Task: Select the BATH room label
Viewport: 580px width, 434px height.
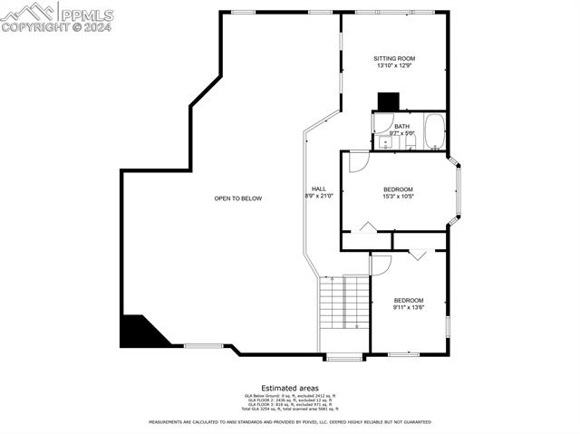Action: pyautogui.click(x=401, y=126)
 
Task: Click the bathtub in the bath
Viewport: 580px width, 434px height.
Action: pyautogui.click(x=434, y=132)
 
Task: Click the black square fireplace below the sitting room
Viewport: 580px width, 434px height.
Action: pyautogui.click(x=388, y=101)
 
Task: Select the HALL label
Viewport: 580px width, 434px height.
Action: pyautogui.click(x=319, y=188)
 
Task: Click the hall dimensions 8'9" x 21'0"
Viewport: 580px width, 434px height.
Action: pyautogui.click(x=319, y=196)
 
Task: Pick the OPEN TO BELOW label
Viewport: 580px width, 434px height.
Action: pyautogui.click(x=238, y=198)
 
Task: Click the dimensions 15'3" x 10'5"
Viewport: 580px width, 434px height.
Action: pyautogui.click(x=398, y=197)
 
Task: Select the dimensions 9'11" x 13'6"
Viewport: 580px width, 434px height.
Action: pyautogui.click(x=409, y=308)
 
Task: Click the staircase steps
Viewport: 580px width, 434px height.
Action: pyautogui.click(x=344, y=304)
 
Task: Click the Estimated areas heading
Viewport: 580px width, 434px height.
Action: pyautogui.click(x=290, y=387)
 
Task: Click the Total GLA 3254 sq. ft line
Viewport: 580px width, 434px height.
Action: pyautogui.click(x=290, y=410)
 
